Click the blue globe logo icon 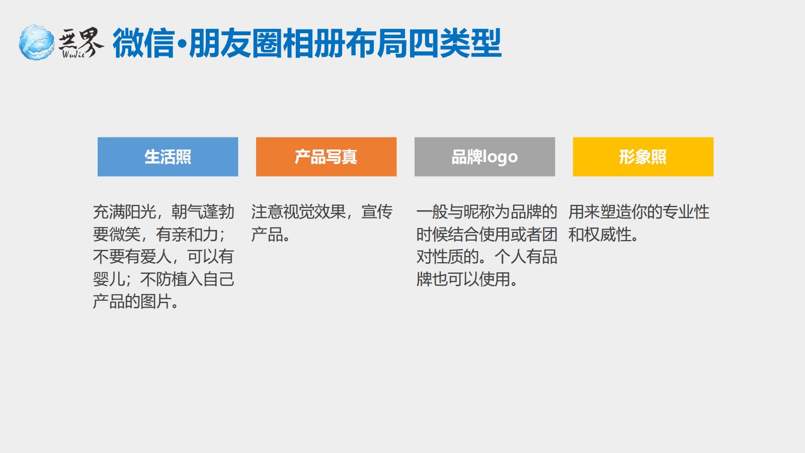point(36,42)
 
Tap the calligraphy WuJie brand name point(81,42)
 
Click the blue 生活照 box point(168,157)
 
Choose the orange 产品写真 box point(327,157)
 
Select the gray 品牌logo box point(485,157)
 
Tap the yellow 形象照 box point(643,157)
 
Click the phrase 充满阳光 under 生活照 point(124,212)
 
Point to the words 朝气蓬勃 point(203,212)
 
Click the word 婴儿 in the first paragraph point(109,279)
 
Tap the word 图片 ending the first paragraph point(155,301)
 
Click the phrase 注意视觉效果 point(298,212)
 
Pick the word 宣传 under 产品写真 point(377,212)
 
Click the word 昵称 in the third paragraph point(479,212)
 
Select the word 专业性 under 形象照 point(686,212)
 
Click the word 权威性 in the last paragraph point(608,235)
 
